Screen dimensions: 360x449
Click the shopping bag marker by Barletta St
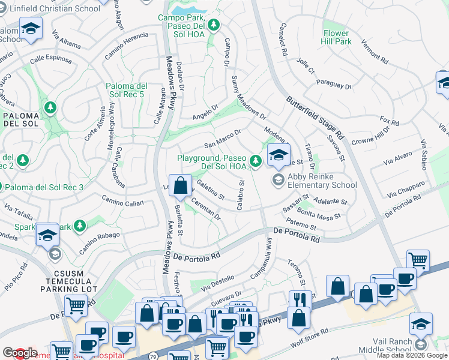tap(180, 186)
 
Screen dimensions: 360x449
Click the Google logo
tap(20, 353)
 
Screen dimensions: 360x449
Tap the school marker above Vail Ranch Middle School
tap(421, 324)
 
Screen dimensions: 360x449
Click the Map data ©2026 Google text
tap(411, 355)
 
